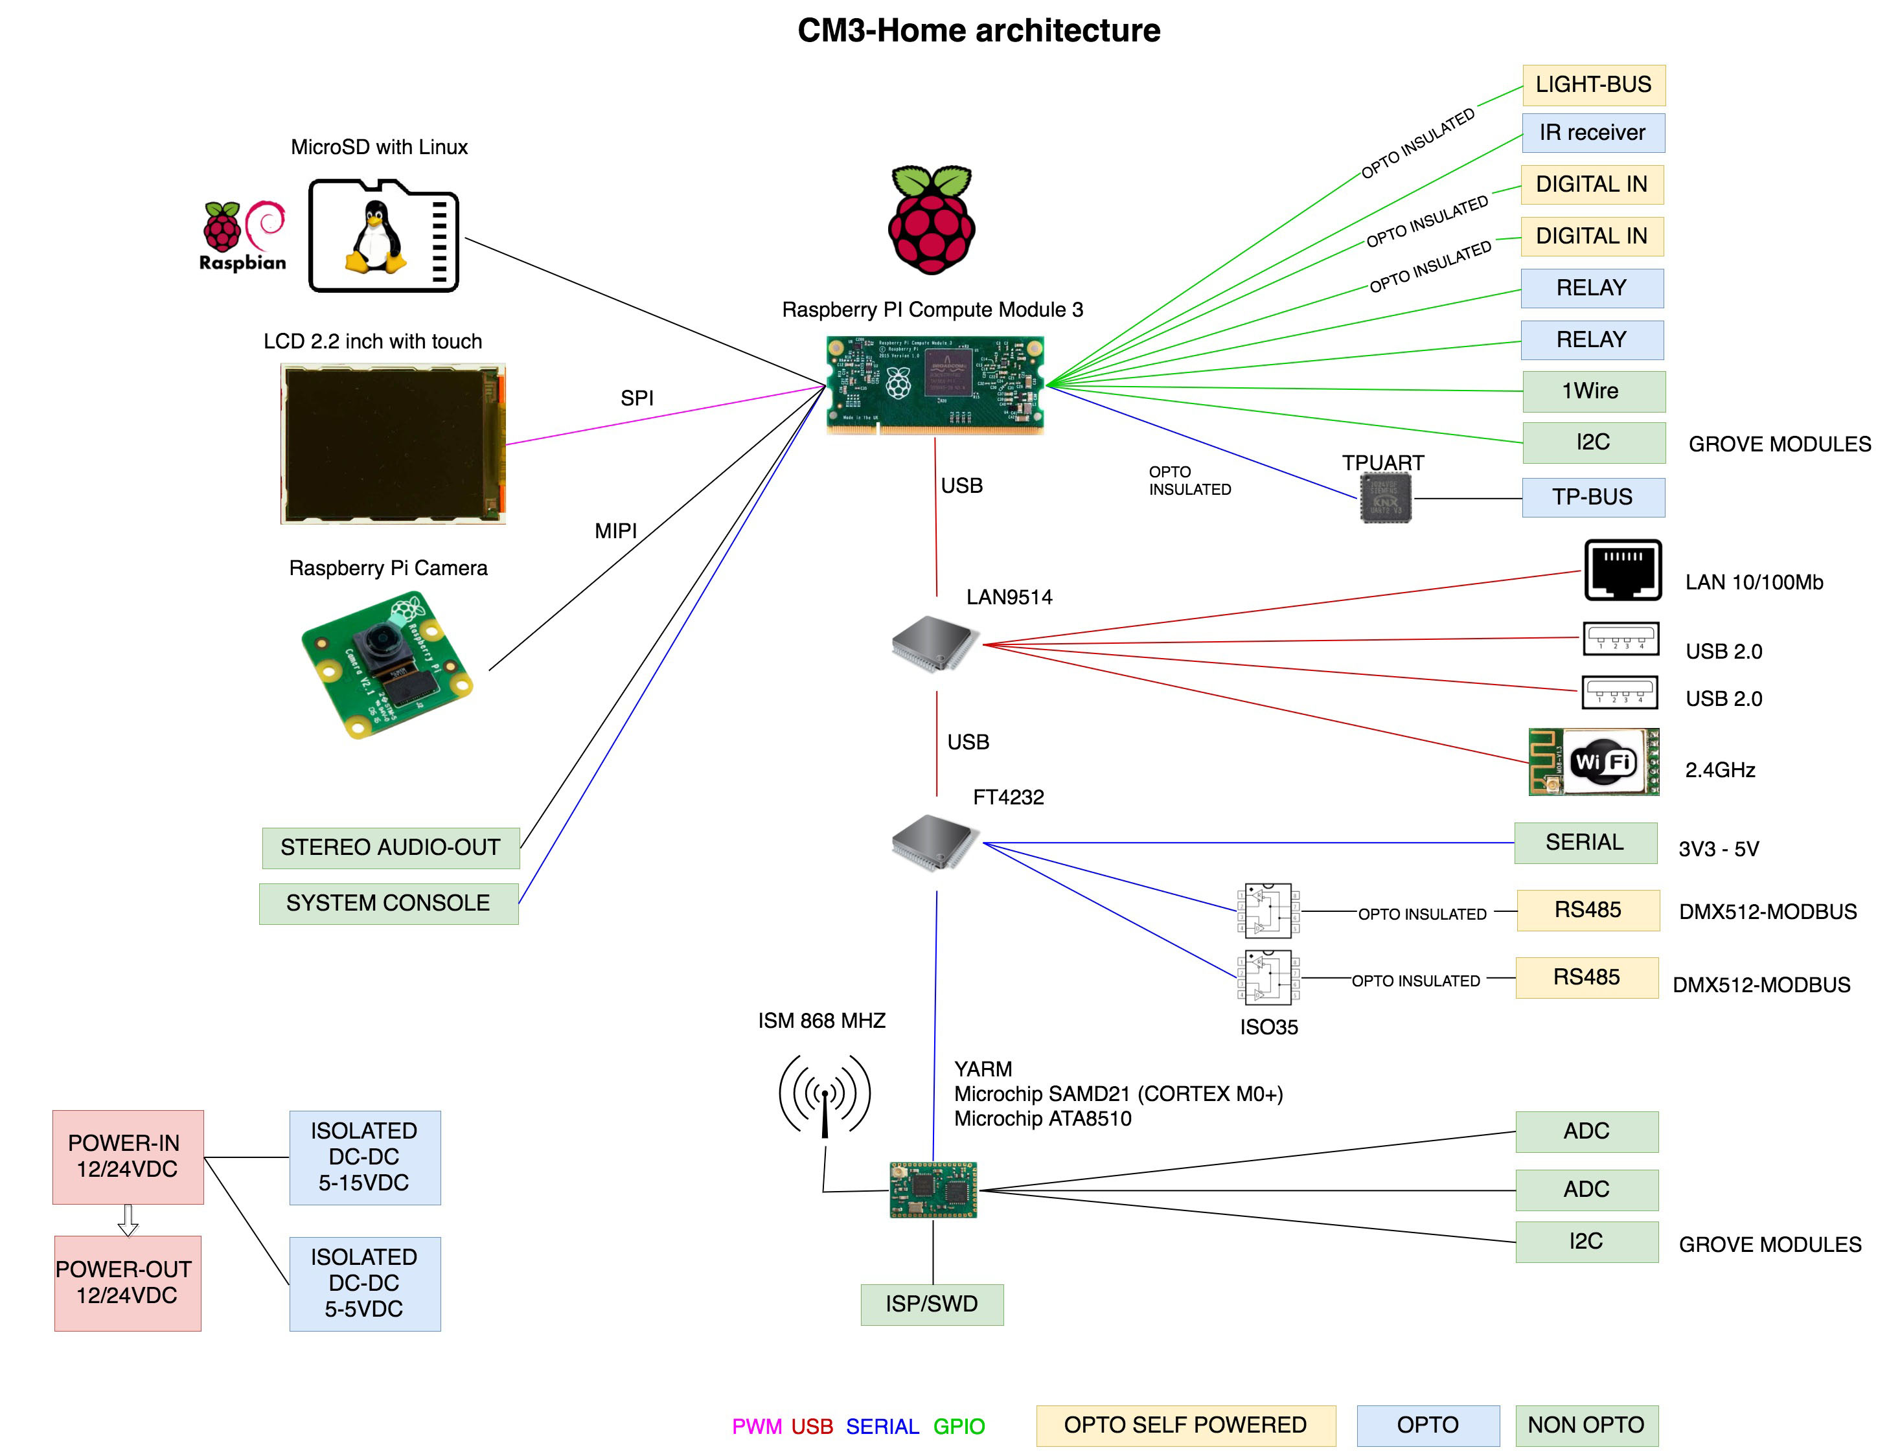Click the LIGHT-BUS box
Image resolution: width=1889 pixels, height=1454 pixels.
(x=1593, y=85)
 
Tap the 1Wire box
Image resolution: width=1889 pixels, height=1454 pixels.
(x=1593, y=391)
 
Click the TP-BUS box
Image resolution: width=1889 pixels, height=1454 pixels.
(x=1592, y=497)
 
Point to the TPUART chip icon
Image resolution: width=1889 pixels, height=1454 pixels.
(x=1385, y=498)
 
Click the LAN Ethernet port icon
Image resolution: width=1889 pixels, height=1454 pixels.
(x=1623, y=570)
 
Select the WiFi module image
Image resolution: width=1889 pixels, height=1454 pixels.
(x=1593, y=762)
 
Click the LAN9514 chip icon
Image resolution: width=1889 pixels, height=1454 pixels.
(x=934, y=644)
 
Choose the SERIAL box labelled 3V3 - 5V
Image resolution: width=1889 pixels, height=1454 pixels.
(x=1585, y=843)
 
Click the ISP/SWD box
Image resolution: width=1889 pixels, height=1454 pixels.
(x=932, y=1304)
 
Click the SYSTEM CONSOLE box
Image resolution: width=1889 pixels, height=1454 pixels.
(x=388, y=903)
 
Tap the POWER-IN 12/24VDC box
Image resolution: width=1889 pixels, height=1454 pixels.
(x=127, y=1157)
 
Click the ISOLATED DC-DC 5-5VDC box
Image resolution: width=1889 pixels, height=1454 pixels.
(x=364, y=1284)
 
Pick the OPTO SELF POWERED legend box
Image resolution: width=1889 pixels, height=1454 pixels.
(x=1185, y=1426)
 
